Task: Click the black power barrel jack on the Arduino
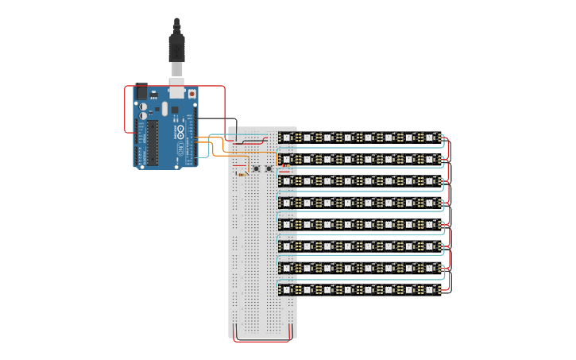142,92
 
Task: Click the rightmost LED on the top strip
430,137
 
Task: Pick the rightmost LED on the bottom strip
430,290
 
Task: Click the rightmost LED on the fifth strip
430,225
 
